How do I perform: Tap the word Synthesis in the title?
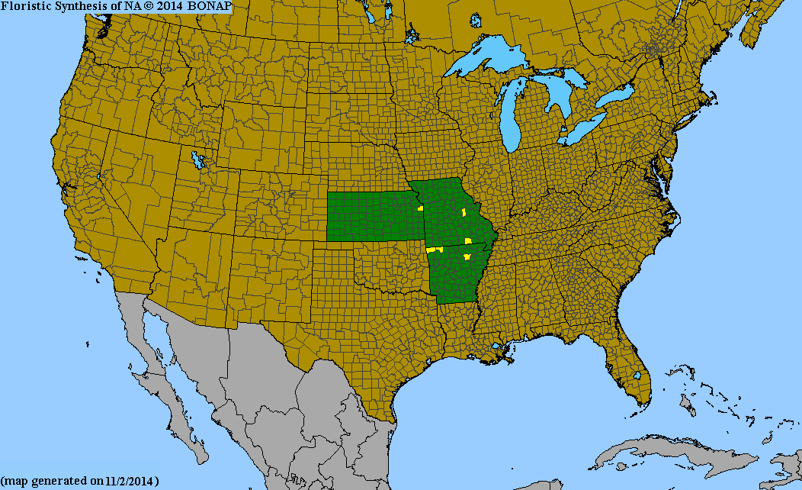click(84, 7)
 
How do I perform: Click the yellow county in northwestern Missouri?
click(420, 208)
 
